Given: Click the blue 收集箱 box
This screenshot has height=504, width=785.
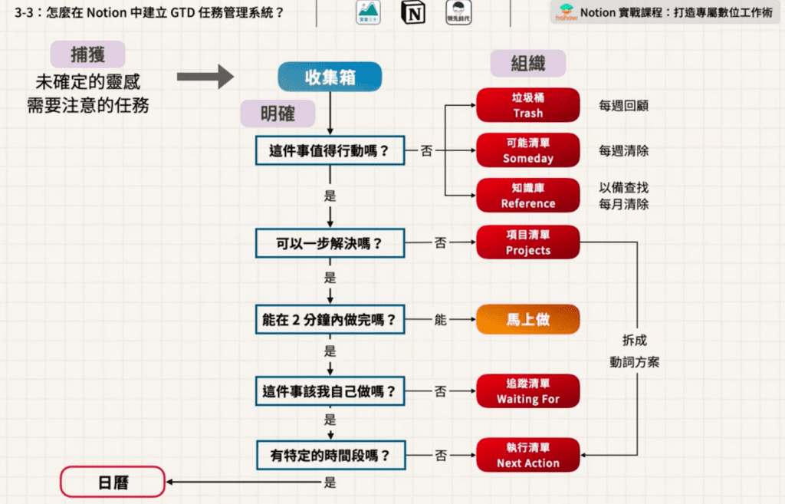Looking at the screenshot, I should (329, 77).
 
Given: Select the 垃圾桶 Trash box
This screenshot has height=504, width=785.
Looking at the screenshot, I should (527, 105).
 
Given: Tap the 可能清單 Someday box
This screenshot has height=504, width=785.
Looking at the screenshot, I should (527, 150).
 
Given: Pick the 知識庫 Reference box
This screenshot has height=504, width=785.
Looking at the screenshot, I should (527, 196).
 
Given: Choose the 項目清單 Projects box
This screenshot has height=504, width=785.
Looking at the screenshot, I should (527, 242).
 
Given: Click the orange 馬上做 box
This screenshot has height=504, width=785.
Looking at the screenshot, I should (527, 320).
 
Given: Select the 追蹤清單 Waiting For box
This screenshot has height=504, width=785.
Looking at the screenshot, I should (527, 391).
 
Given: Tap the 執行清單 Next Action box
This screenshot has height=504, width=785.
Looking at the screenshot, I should (527, 456).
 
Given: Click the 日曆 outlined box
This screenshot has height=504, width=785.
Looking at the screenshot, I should (113, 483).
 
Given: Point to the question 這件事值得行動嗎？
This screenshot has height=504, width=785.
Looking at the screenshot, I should (330, 150).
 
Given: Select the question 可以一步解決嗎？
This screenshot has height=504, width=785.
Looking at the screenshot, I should (330, 244).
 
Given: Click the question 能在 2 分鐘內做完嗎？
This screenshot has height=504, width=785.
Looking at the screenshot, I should (330, 320).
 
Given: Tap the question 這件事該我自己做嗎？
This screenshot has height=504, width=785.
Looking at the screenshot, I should (330, 391).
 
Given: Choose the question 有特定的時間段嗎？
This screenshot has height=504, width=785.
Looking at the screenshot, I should (330, 456).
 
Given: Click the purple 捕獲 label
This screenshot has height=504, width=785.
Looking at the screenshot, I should (87, 54).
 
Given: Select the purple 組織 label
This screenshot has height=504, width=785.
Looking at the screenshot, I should (528, 63).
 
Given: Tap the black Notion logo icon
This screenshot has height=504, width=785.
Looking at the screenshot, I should (415, 13).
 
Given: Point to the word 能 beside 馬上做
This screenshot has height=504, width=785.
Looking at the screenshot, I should (440, 320).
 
